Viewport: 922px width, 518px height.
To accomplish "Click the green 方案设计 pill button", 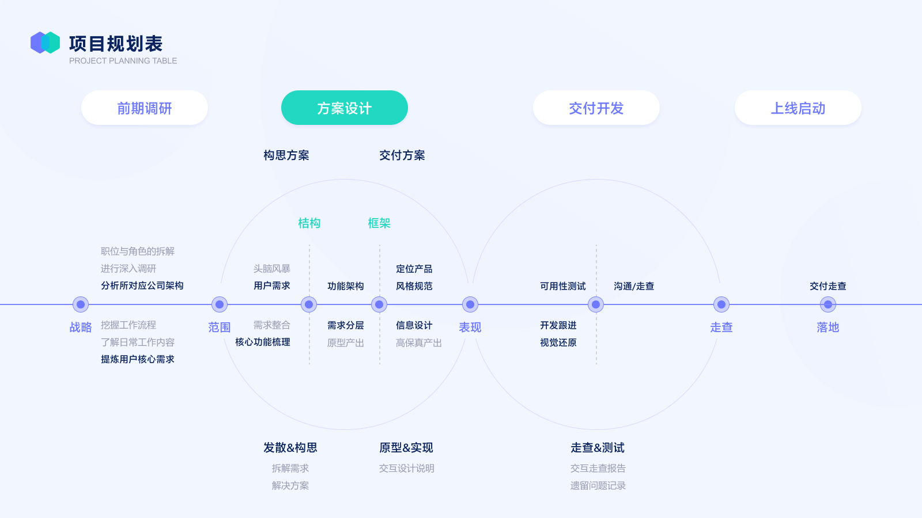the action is click(x=345, y=108).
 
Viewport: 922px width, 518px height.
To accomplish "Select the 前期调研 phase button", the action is click(x=145, y=108).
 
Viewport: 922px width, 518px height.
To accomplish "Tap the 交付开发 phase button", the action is click(x=596, y=108).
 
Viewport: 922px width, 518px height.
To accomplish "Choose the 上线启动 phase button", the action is click(x=798, y=108).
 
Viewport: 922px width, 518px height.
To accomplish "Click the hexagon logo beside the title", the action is click(x=46, y=43).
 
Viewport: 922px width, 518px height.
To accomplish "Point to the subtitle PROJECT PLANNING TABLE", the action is click(x=123, y=61).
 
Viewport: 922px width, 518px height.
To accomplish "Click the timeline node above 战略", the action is click(x=81, y=304).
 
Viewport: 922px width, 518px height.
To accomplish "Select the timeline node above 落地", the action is click(x=827, y=304).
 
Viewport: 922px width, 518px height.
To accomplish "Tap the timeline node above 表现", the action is click(x=470, y=304).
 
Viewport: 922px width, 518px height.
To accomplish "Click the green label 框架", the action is click(x=379, y=223).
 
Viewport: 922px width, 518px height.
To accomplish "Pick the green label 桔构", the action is click(x=309, y=223).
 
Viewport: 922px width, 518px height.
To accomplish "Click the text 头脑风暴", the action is click(x=271, y=269).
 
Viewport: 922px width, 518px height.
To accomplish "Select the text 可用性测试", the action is click(x=562, y=286).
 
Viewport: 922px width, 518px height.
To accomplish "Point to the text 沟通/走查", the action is click(x=634, y=286).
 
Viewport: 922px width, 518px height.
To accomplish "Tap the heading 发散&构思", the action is click(x=290, y=448).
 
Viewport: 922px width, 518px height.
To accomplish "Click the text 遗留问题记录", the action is click(x=598, y=486).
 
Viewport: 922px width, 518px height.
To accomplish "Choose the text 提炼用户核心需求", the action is click(x=138, y=359).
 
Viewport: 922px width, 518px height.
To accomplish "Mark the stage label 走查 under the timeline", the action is click(x=721, y=327).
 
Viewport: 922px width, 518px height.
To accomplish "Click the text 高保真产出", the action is click(x=418, y=343).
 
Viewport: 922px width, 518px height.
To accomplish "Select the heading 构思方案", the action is click(x=286, y=155).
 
